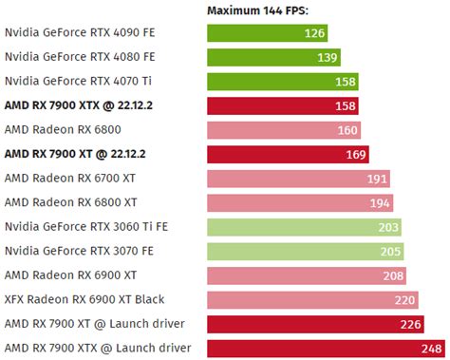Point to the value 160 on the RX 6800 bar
pos(347,130)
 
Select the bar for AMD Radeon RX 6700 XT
pos(285,179)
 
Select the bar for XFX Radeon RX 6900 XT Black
pos(304,299)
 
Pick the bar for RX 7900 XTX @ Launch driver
pos(313,348)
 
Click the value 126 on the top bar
pos(313,33)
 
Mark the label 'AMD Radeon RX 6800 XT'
pos(70,202)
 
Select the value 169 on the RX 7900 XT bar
pos(356,154)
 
